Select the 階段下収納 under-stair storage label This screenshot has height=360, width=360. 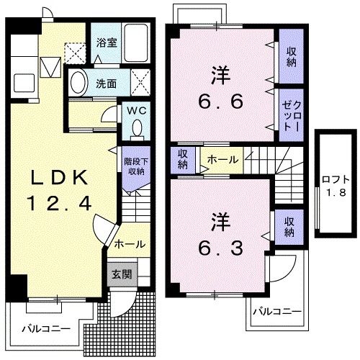click(135, 168)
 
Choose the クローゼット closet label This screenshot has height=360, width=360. click(291, 114)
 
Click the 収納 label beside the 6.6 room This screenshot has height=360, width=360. click(291, 55)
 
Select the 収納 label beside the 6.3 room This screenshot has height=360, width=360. click(289, 227)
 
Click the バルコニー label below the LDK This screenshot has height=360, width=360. click(45, 328)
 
